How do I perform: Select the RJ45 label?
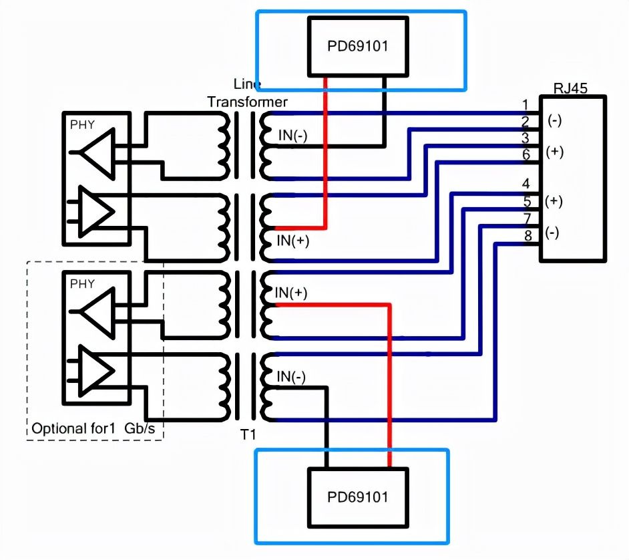point(570,88)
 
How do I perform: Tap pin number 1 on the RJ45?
point(526,105)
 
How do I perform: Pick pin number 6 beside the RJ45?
point(526,154)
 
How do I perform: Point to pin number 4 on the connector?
point(526,184)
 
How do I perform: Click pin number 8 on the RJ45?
point(528,236)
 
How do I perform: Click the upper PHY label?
point(82,125)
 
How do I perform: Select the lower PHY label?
point(82,284)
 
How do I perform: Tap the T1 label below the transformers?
point(248,434)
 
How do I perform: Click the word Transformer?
point(248,102)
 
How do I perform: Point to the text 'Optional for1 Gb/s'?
point(93,428)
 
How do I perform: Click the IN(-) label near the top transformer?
point(293,135)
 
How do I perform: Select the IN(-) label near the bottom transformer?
point(291,376)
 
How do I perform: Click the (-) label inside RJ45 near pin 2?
point(555,121)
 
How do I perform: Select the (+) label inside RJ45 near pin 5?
point(554,201)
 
